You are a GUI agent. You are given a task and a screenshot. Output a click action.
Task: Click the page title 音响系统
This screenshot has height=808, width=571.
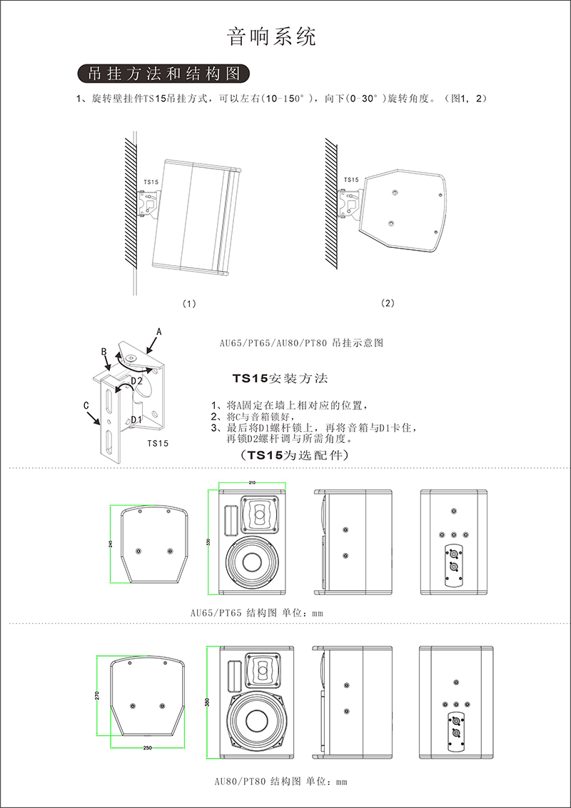(271, 37)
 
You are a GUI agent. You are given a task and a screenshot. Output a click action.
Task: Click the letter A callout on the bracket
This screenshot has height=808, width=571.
(159, 332)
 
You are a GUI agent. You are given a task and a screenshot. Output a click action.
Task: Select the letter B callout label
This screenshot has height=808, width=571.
(103, 351)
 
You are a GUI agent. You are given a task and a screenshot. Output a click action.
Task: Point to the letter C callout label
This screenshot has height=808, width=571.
(87, 406)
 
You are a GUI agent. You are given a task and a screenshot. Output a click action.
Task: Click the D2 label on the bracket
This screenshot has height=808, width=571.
(136, 381)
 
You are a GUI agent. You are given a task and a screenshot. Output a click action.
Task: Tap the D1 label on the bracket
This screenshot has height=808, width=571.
(136, 420)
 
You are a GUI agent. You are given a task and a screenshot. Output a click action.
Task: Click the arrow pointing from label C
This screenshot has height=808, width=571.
(94, 418)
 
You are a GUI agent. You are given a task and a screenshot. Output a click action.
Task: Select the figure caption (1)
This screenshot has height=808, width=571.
(189, 304)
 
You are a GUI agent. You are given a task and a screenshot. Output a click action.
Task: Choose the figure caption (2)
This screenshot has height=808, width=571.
(387, 303)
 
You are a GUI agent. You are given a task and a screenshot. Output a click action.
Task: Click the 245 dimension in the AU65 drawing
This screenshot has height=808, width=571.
(112, 544)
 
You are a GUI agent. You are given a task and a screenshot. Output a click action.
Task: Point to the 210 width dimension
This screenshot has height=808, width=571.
(252, 483)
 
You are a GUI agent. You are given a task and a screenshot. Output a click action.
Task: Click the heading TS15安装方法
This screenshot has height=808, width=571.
(280, 378)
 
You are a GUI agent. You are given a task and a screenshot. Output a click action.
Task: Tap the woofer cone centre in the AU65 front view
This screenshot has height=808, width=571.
(253, 563)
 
